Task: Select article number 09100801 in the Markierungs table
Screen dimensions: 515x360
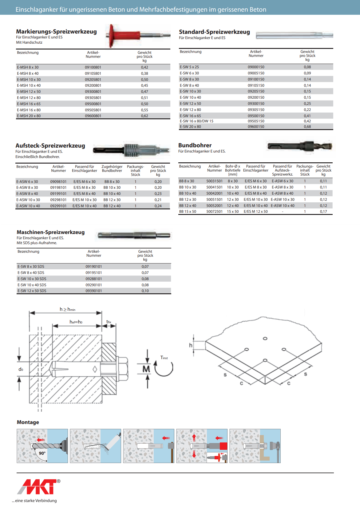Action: tap(93, 67)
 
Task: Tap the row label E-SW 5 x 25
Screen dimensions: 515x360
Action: tap(189, 67)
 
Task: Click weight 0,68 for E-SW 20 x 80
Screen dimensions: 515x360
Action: tap(307, 127)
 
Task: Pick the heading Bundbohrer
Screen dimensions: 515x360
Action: tap(195, 145)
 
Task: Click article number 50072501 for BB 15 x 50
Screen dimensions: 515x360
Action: tap(214, 212)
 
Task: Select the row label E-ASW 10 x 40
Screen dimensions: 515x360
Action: tap(28, 206)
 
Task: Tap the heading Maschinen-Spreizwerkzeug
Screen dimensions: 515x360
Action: tap(50, 232)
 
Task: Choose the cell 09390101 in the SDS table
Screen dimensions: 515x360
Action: tap(93, 291)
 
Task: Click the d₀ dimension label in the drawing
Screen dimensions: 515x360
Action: tap(21, 369)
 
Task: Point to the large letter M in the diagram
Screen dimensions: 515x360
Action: tap(146, 369)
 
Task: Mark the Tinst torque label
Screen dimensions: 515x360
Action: tap(164, 358)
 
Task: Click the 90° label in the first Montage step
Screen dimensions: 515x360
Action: tap(42, 453)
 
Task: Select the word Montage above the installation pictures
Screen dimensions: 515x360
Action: tap(28, 422)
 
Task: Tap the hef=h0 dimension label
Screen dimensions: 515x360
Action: tap(76, 322)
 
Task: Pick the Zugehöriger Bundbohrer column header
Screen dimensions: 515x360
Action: tap(112, 168)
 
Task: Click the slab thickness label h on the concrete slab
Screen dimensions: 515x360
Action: tap(191, 345)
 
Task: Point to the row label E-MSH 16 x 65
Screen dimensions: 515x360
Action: tap(29, 104)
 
